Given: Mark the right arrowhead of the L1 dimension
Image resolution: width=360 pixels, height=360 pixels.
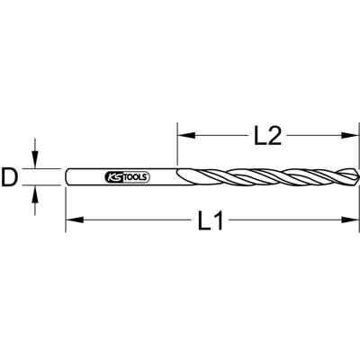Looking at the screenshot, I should tap(341, 220).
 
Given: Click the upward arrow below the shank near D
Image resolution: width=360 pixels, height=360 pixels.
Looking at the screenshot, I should tap(36, 193).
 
